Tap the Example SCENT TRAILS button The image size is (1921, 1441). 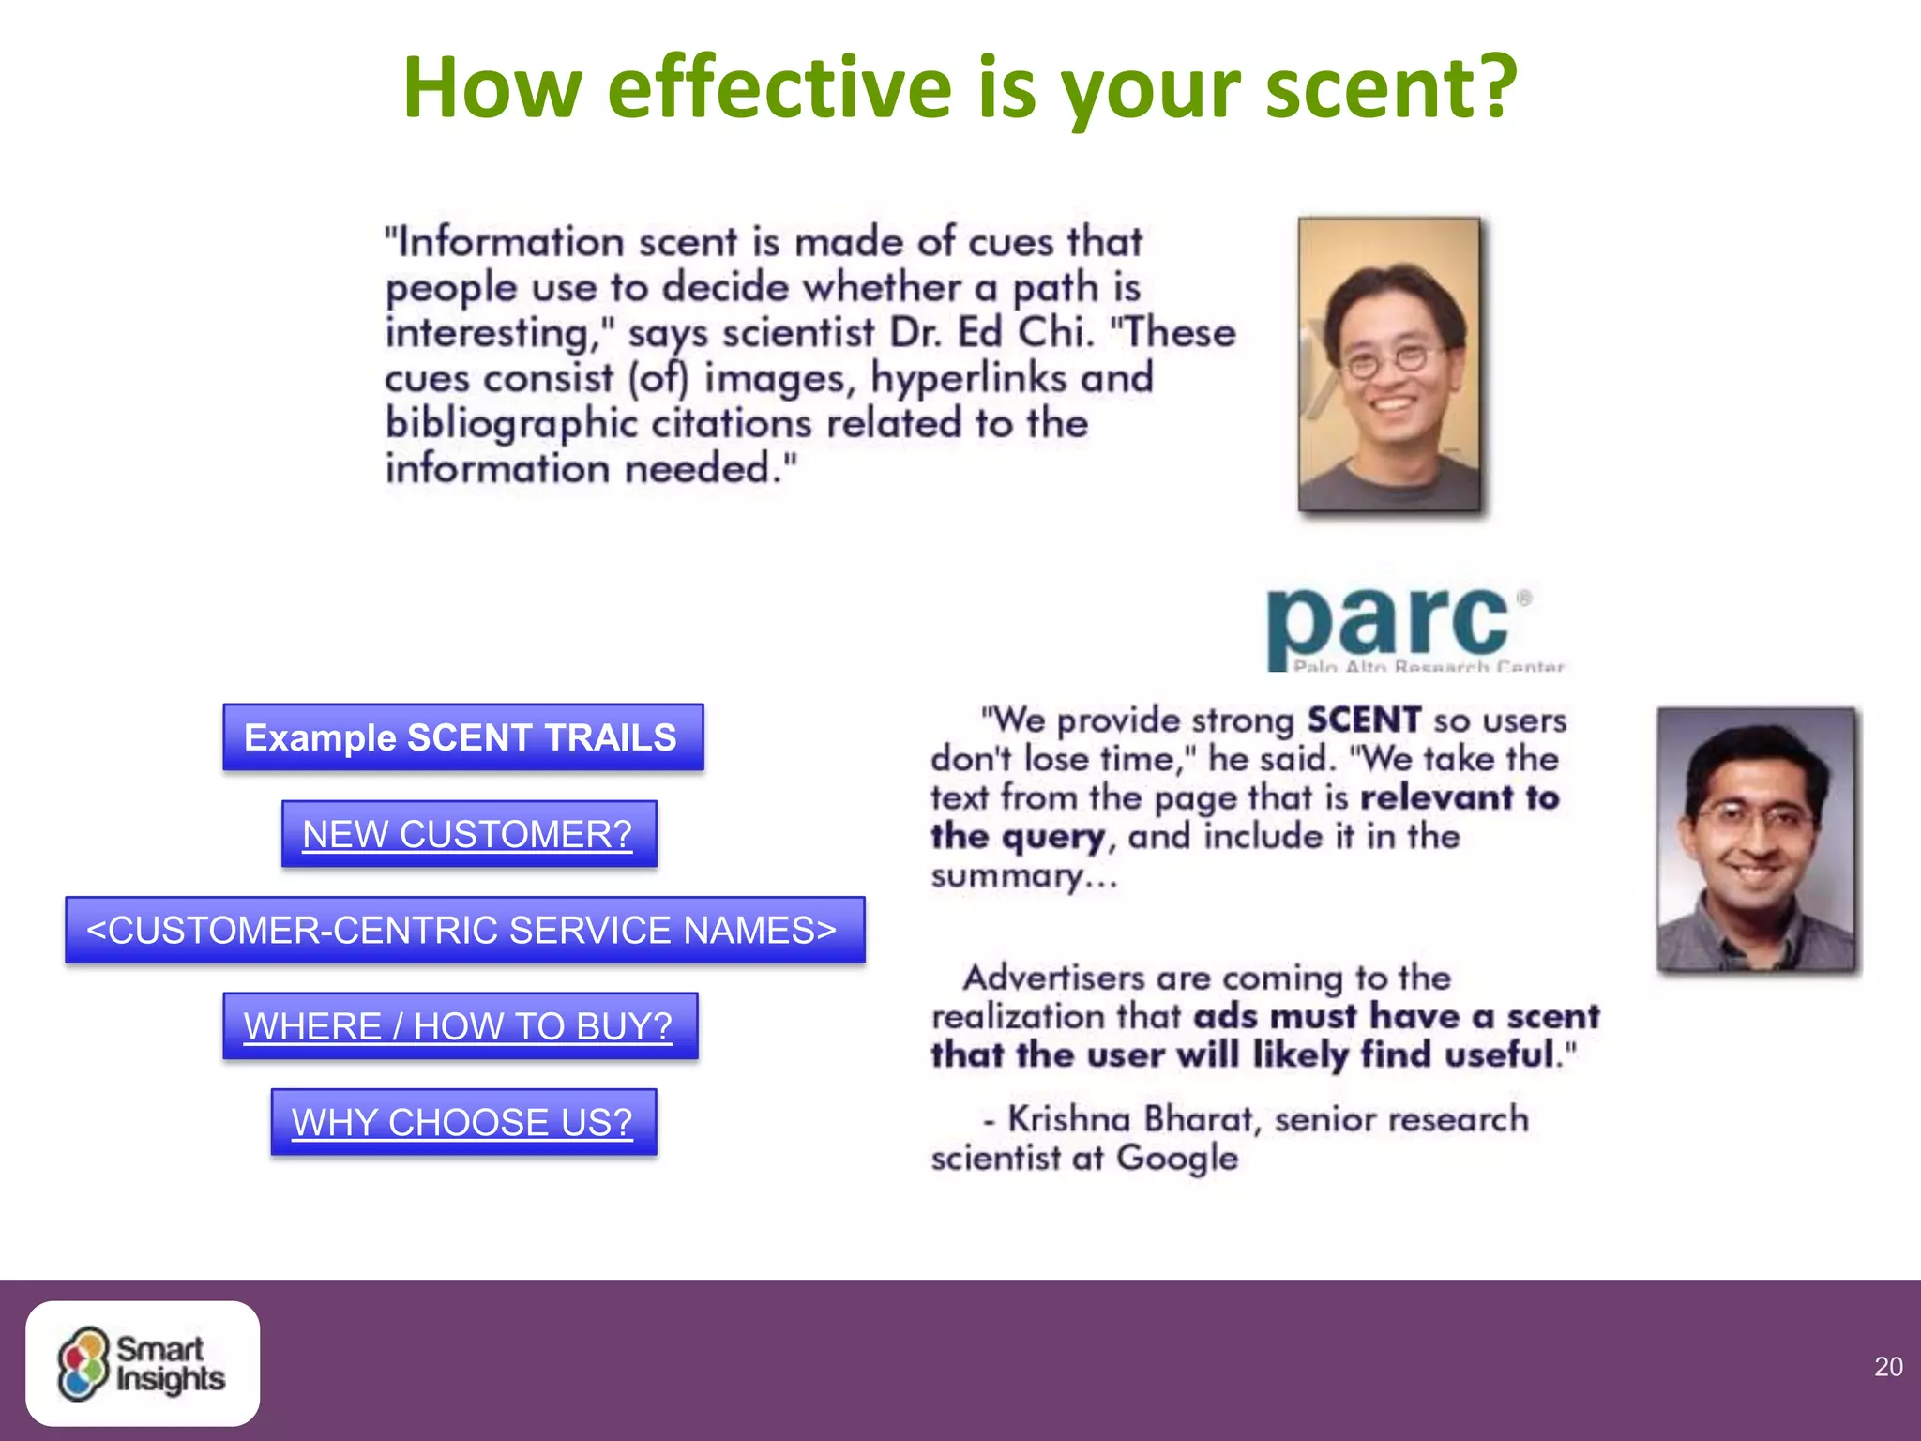point(462,737)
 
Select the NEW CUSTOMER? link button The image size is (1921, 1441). point(468,834)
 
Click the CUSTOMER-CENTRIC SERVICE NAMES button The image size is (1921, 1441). point(464,930)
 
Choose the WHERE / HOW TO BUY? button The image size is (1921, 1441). point(460,1026)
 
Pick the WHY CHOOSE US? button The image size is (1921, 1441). point(463,1122)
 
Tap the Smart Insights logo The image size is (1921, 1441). point(143,1363)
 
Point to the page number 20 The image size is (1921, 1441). point(1887,1367)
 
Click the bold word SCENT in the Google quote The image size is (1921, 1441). point(1364,720)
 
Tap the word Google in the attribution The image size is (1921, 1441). point(1176,1159)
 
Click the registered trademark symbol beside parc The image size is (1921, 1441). point(1524,598)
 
